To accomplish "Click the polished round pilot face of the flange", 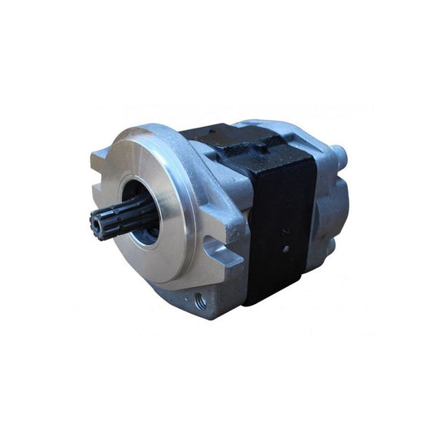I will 163,187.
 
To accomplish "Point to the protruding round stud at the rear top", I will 337,152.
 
